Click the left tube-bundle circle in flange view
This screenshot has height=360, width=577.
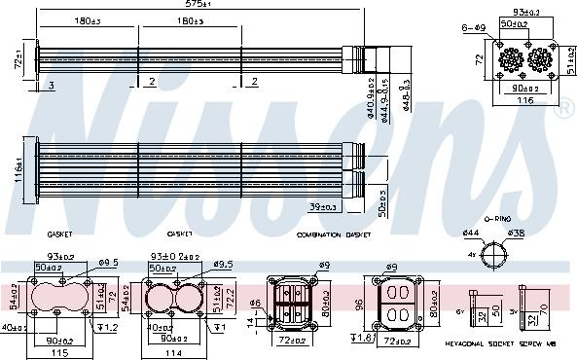click(x=511, y=59)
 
